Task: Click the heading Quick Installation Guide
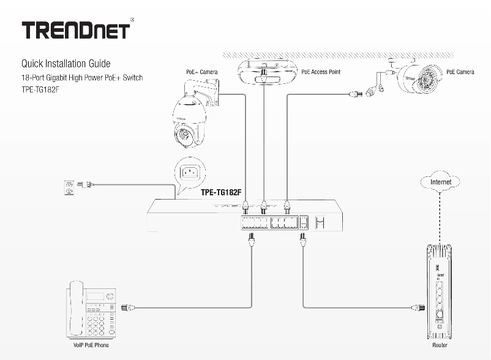66,64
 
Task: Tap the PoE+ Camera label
202,72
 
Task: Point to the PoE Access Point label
321,72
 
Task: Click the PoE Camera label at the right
460,72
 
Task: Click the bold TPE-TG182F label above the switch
221,192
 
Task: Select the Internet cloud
441,182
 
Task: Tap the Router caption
440,345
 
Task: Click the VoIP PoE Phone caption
91,345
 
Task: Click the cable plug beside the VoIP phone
129,307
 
